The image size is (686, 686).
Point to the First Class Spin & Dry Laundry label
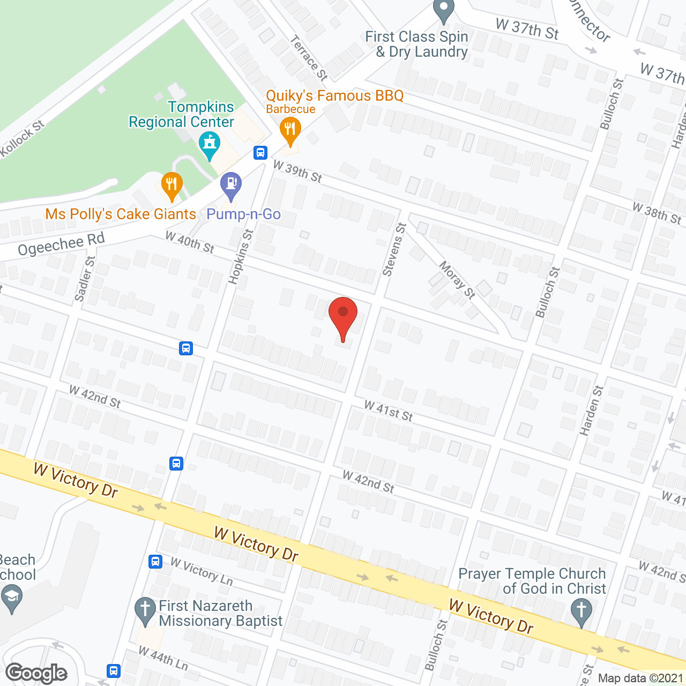click(x=417, y=44)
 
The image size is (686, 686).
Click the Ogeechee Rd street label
click(x=61, y=244)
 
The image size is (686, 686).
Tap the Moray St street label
click(x=457, y=279)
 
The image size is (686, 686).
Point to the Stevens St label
click(x=394, y=250)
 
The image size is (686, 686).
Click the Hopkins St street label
click(x=241, y=256)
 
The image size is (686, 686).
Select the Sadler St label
click(x=85, y=279)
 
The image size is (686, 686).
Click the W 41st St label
click(x=389, y=411)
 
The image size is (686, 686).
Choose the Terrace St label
click(x=309, y=57)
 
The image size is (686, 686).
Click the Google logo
click(x=36, y=673)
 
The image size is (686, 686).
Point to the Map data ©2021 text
click(x=640, y=678)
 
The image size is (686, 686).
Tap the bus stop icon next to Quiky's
click(x=260, y=153)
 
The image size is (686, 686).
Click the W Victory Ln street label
click(x=202, y=571)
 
